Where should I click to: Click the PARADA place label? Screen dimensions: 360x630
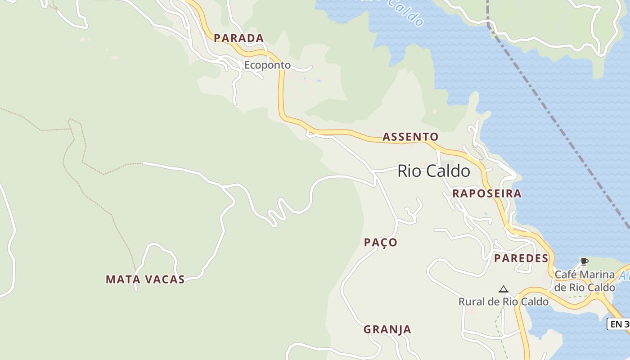[238, 38]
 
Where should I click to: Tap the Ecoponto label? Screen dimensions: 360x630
[267, 65]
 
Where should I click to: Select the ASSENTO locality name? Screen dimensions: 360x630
[410, 137]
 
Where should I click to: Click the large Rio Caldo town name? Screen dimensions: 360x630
[434, 171]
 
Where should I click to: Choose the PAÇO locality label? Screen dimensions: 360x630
[381, 243]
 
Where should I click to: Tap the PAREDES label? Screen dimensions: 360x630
[521, 258]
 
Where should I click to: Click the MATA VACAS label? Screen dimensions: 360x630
[145, 279]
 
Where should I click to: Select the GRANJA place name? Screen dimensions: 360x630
[387, 329]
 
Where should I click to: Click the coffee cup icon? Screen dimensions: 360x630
[584, 261]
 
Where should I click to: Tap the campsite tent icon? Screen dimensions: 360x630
[504, 289]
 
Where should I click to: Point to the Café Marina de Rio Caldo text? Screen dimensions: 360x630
[585, 281]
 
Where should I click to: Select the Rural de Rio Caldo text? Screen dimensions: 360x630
[504, 301]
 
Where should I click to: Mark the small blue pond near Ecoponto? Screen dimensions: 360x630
[319, 81]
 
